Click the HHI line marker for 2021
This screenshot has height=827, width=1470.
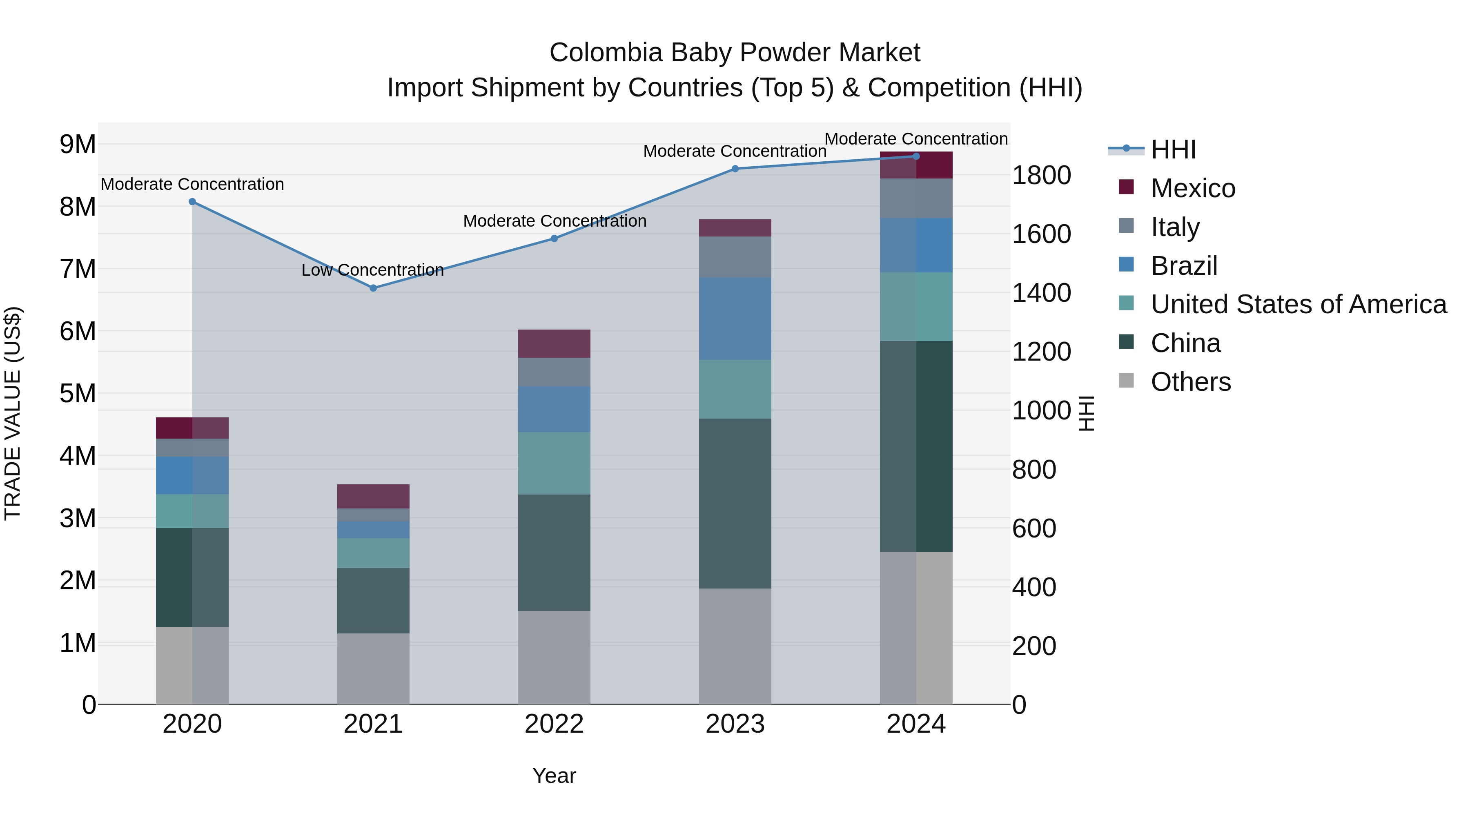pos(373,288)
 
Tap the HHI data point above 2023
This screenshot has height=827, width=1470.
pos(735,169)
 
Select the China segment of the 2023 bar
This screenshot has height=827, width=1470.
pos(735,504)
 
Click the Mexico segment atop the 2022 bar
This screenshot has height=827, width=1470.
pos(554,343)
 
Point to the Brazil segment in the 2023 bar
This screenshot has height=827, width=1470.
pos(735,319)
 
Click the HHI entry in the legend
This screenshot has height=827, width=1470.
pos(1173,149)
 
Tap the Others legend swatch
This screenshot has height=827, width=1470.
pos(1126,381)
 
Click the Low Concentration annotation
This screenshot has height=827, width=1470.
pos(373,270)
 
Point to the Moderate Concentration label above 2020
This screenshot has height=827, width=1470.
pos(192,184)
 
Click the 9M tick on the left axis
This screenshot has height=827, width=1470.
pos(78,145)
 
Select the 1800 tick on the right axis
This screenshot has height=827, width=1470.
pos(1041,175)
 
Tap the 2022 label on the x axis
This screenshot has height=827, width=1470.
pos(554,724)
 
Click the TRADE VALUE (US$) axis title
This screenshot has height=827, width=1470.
pos(13,413)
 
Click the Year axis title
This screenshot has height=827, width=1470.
pos(554,776)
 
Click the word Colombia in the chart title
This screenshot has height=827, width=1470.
pos(606,53)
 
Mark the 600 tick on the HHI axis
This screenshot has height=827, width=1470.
pos(1034,528)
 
